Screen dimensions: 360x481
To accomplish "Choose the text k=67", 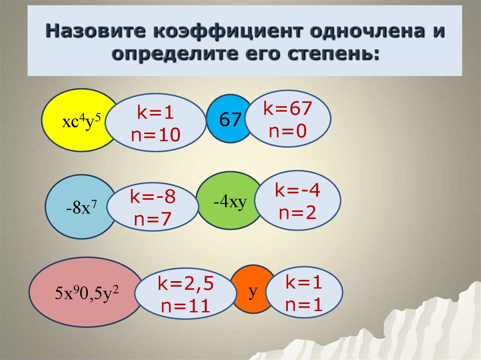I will [287, 109].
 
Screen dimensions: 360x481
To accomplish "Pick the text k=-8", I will [153, 198].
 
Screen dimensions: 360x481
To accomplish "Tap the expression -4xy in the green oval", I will [229, 203].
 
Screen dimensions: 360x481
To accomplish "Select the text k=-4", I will [299, 191].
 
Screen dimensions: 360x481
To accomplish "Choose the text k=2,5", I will [186, 284].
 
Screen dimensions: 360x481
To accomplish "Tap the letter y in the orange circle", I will [253, 291].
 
